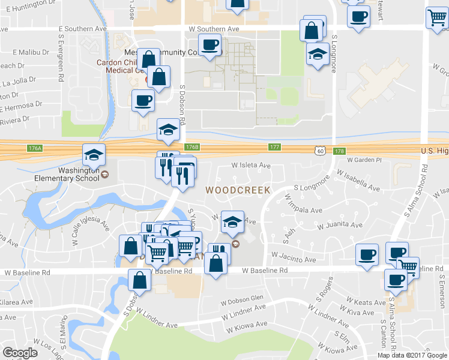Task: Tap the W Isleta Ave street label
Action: click(x=252, y=166)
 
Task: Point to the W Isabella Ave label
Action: click(x=358, y=181)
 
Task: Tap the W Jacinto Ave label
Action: click(x=293, y=257)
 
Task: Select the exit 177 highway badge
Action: click(x=275, y=147)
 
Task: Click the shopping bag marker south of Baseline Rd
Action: click(x=139, y=280)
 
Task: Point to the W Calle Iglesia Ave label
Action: click(x=91, y=233)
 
